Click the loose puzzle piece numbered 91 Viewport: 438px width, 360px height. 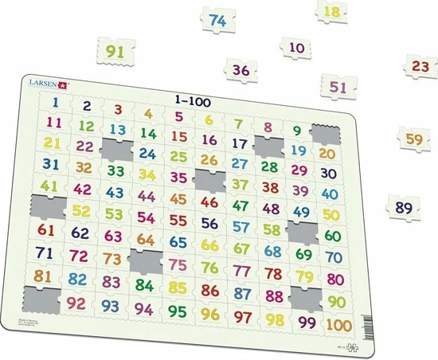click(117, 53)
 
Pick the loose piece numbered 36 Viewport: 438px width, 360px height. click(241, 70)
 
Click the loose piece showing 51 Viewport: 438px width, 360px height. click(338, 87)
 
